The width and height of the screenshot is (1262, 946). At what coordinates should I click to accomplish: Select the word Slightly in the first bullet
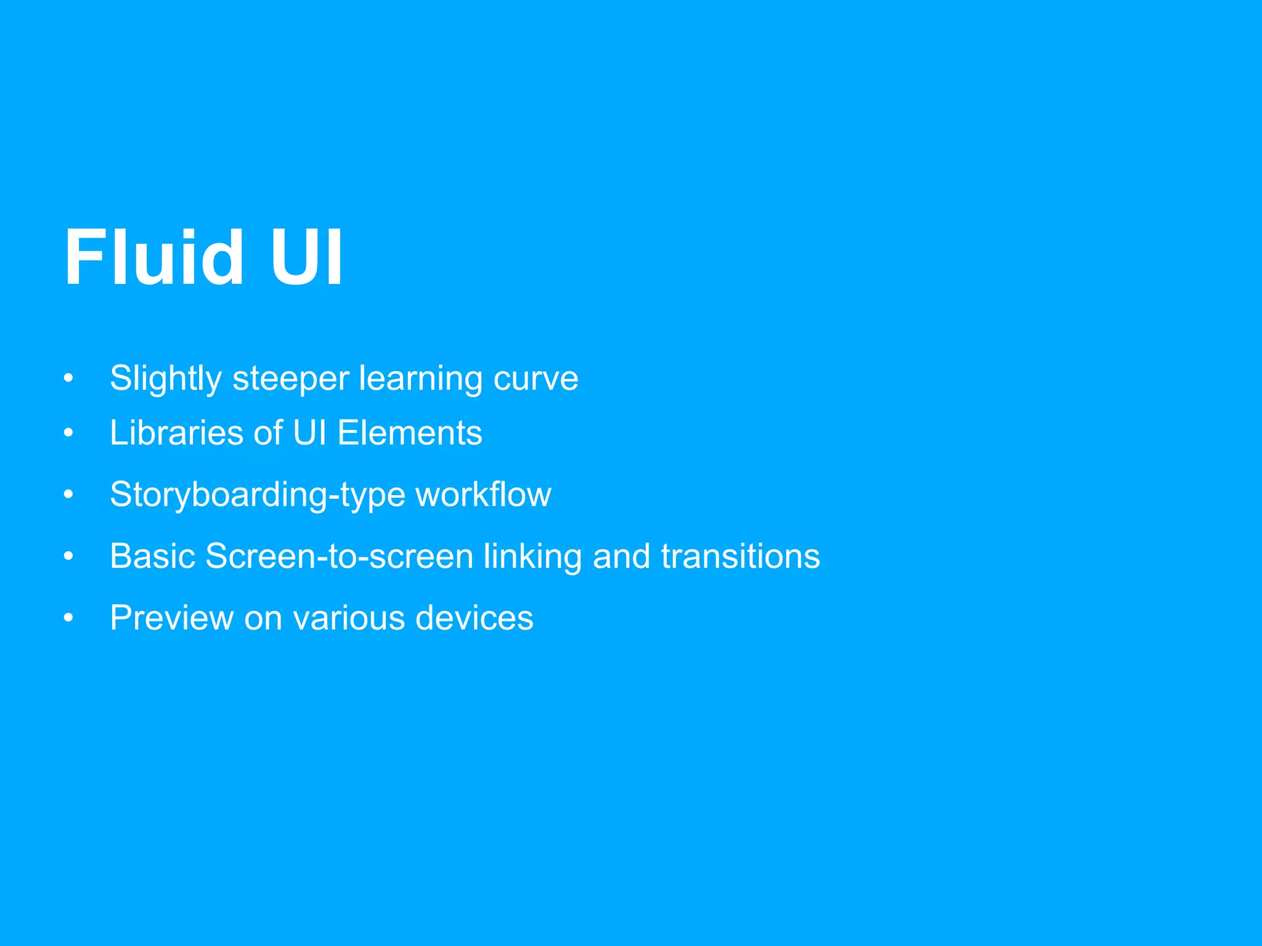[165, 378]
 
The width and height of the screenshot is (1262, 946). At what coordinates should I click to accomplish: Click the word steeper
[290, 378]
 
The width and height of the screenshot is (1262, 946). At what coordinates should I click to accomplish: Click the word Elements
[410, 432]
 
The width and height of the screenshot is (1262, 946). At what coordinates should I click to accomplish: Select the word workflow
[483, 494]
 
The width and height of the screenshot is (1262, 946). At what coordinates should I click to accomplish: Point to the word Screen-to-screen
[339, 556]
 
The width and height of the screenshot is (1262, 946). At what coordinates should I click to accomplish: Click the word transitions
[740, 556]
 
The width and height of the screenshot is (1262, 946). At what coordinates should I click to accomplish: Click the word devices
[474, 618]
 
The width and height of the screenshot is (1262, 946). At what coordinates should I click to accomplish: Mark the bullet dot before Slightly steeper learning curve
[68, 378]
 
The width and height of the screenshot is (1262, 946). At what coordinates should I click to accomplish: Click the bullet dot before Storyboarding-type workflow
[68, 495]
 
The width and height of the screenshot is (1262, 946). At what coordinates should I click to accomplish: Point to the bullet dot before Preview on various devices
[68, 618]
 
